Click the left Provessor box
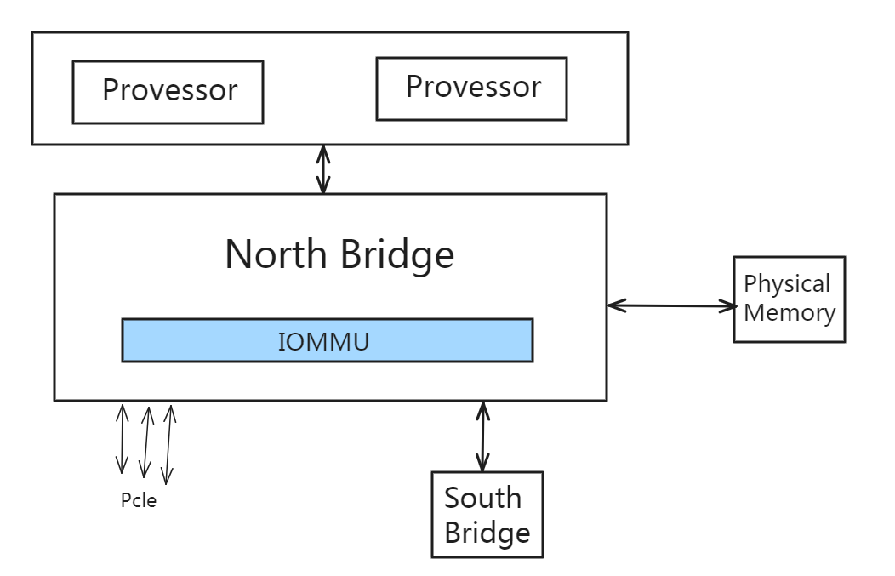point(168,91)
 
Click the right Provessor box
point(471,88)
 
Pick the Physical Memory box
point(789,299)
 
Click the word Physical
point(787,283)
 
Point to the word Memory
point(790,312)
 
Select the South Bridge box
point(487,515)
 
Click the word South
point(482,498)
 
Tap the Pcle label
point(139,500)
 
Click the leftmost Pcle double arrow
point(122,438)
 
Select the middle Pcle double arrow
point(145,441)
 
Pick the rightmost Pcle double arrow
point(168,444)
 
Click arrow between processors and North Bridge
point(322,168)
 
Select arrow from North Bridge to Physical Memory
point(670,304)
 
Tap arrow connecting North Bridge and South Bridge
point(482,436)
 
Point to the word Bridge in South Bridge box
point(487,533)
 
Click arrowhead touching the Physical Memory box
point(727,305)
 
